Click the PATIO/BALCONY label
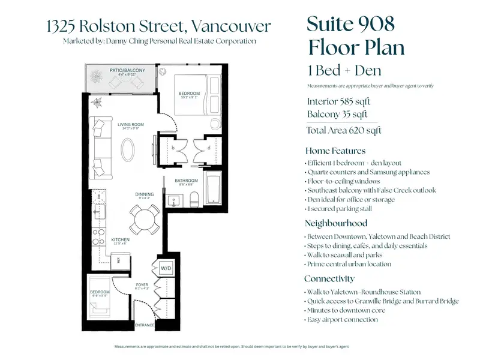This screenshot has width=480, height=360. click(127, 71)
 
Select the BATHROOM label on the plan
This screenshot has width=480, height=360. click(187, 181)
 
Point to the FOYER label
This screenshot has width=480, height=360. click(142, 285)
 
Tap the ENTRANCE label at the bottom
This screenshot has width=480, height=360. click(145, 325)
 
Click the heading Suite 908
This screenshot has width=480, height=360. click(350, 25)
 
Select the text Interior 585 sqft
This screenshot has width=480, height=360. click(338, 101)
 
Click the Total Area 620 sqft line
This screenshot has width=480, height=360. click(344, 130)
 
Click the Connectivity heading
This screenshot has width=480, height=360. click(329, 278)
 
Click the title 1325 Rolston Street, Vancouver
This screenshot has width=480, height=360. click(158, 26)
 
